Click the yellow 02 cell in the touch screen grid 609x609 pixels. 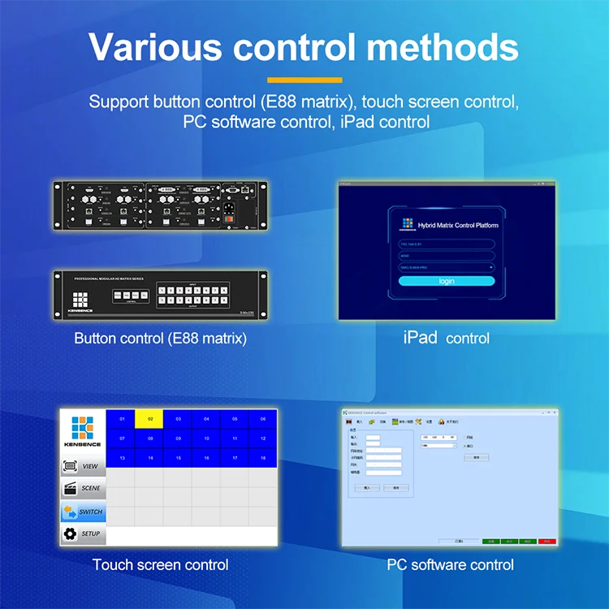pos(149,419)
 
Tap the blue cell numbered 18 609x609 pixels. pos(263,458)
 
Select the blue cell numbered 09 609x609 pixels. pos(178,438)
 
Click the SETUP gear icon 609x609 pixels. pos(70,533)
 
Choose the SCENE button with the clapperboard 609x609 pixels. pos(83,488)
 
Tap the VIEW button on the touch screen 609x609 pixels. pos(83,466)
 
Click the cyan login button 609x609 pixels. pos(447,281)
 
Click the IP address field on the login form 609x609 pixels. pos(447,244)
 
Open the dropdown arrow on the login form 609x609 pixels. pos(490,266)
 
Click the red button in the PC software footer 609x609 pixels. pos(548,540)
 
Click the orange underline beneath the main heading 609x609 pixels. pos(304,80)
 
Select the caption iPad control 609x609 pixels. pos(446,338)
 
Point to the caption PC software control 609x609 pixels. pos(450,564)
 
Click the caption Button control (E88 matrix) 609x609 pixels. pos(160,338)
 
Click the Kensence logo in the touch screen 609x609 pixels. pos(82,430)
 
